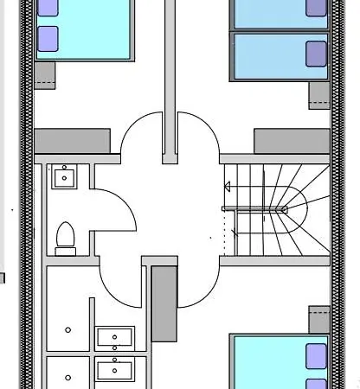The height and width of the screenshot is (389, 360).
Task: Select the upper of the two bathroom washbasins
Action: (114, 337)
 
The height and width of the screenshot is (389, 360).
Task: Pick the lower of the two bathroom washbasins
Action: (114, 371)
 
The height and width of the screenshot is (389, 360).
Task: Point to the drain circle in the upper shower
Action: (68, 329)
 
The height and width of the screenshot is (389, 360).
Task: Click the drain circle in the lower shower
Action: (68, 377)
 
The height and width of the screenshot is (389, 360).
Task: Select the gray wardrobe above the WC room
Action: (72, 141)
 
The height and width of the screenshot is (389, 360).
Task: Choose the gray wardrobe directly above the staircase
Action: (292, 141)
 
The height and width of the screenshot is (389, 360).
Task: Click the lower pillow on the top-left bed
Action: (48, 38)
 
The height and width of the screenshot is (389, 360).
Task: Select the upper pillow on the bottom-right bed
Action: (317, 354)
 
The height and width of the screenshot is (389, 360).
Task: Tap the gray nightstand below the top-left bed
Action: (45, 74)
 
